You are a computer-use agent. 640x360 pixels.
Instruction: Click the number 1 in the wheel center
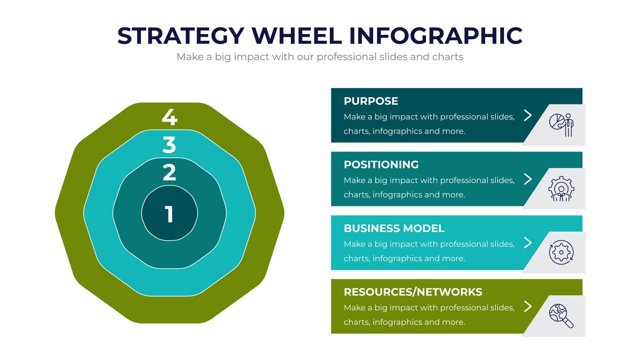coord(170,214)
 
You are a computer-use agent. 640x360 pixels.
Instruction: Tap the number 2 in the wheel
coord(169,172)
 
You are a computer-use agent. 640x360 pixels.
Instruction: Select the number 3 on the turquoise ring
coord(169,144)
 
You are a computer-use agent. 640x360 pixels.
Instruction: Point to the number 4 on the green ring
coord(170,117)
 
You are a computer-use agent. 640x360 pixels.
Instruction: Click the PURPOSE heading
coord(371,101)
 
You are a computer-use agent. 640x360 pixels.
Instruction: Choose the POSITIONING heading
coord(381,164)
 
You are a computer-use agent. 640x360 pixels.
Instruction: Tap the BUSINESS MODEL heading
coord(394,228)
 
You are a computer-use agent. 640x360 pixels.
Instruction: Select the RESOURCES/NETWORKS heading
coord(413,292)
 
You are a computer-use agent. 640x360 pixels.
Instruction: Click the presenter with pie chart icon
coord(562,125)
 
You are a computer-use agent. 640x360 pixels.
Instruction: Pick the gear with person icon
coord(562,189)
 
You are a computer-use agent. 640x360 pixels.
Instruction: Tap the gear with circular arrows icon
coord(562,252)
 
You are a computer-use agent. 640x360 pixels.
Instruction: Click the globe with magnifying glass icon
coord(562,316)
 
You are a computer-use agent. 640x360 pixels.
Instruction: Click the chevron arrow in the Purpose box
coord(528,116)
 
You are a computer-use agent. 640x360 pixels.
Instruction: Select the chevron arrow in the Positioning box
coord(528,179)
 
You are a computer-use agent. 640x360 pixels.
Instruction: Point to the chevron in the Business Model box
coord(528,243)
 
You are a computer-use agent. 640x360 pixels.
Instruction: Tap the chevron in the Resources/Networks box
coord(528,306)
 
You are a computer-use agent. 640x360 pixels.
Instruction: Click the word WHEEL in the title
coord(296,36)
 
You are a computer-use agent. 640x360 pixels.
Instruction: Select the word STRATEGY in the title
coord(181,36)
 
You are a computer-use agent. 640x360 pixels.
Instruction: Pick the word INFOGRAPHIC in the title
coord(436,36)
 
